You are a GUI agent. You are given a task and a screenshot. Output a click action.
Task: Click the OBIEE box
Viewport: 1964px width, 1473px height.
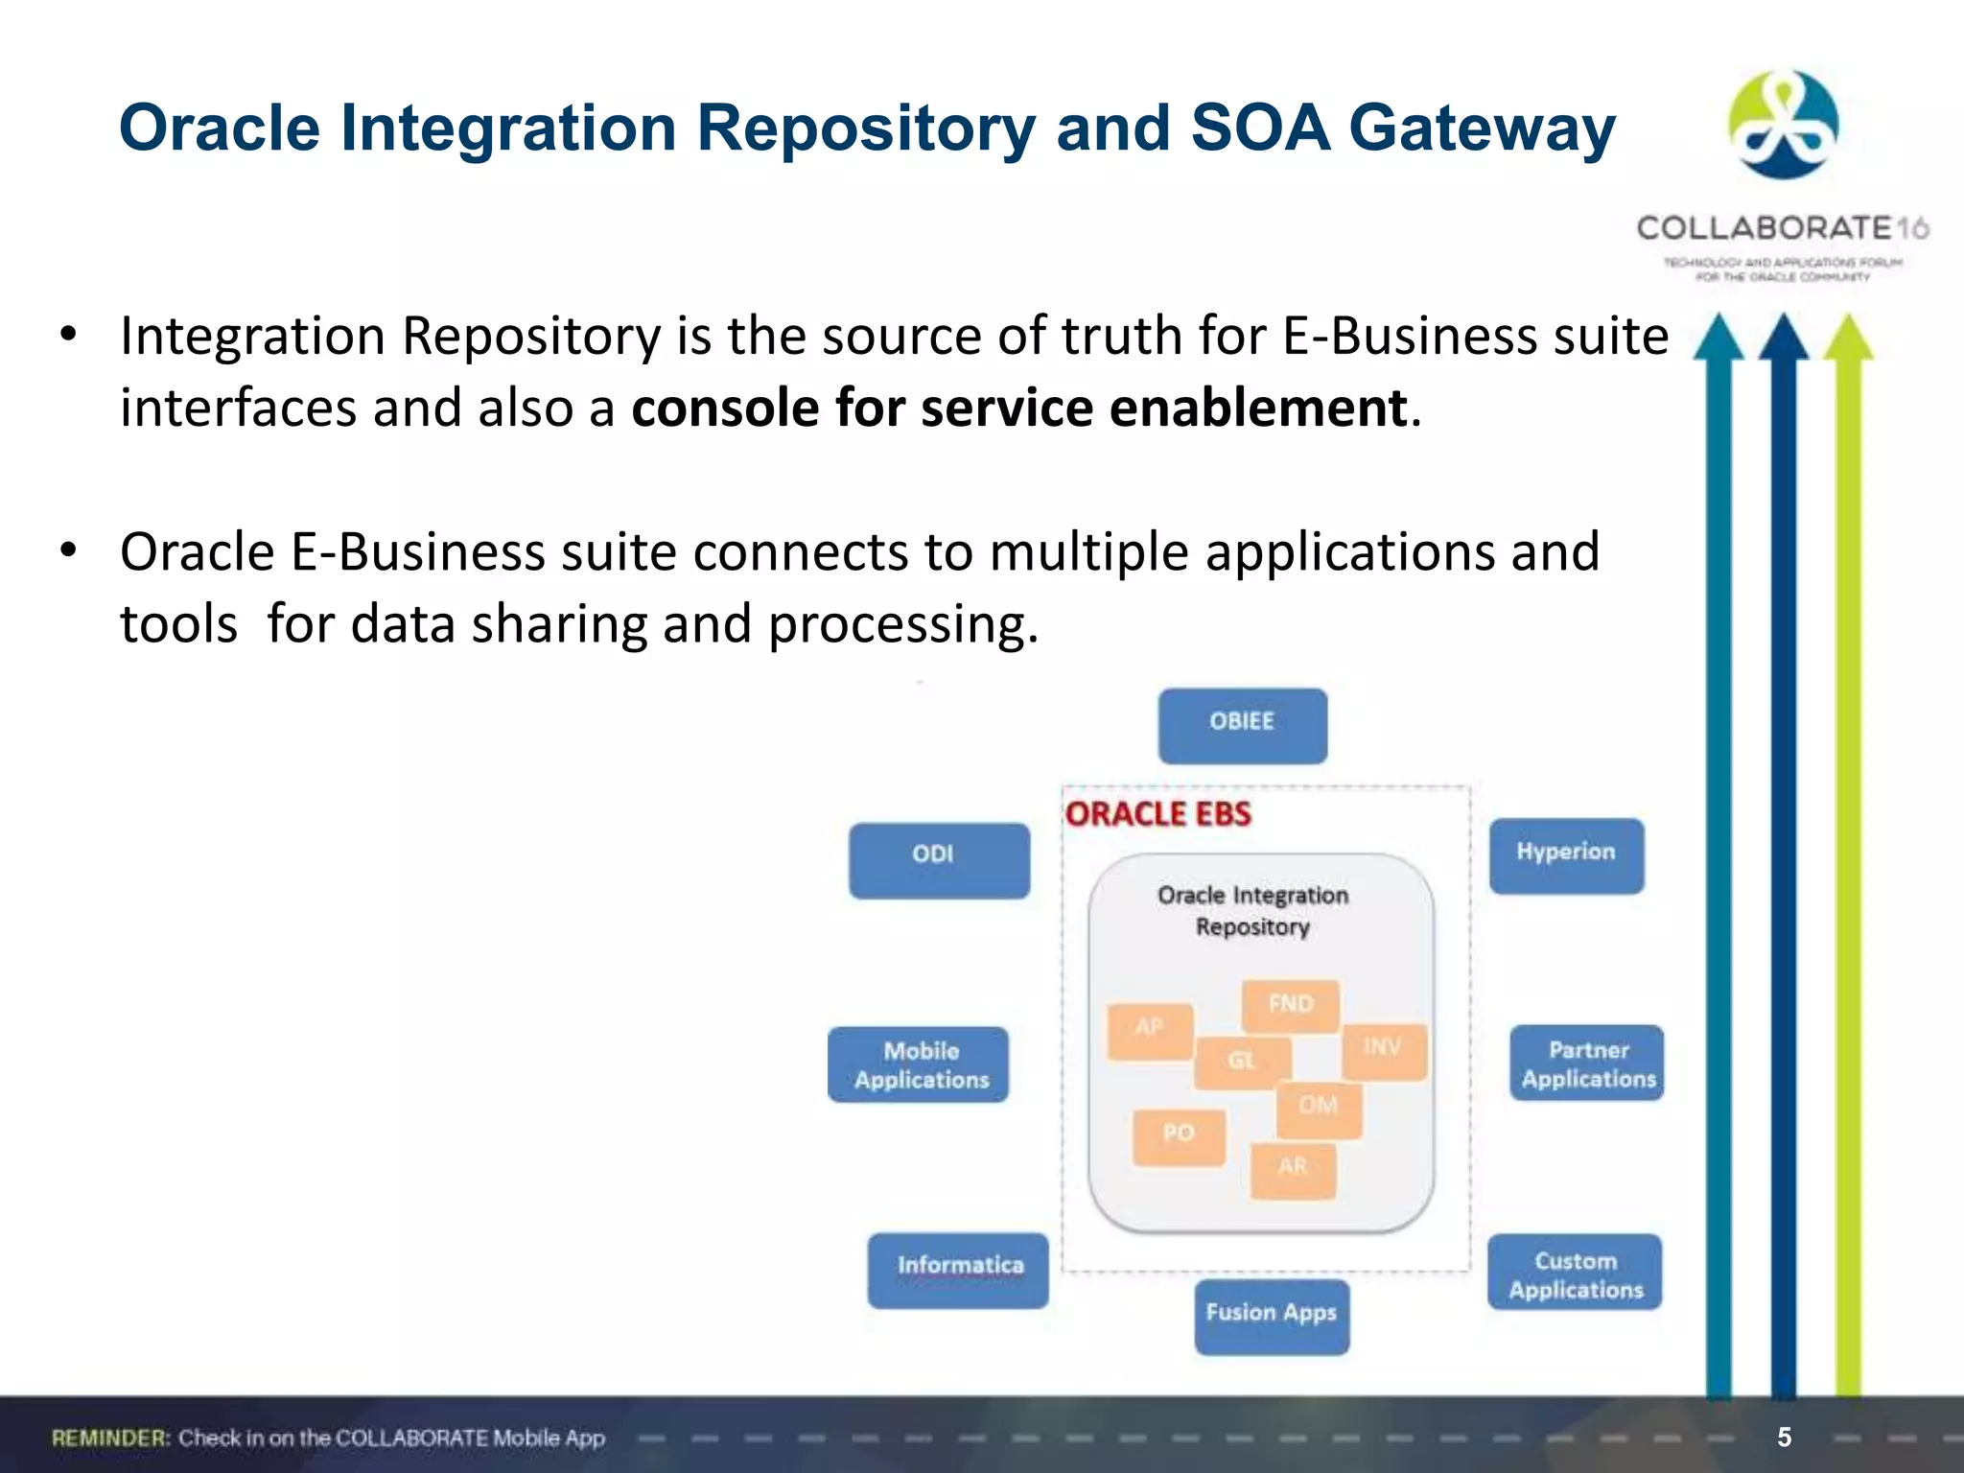click(x=1242, y=726)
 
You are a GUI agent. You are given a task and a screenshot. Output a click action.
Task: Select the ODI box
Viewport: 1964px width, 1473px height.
click(x=939, y=860)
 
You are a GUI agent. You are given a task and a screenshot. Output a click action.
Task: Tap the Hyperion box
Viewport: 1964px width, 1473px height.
click(x=1566, y=855)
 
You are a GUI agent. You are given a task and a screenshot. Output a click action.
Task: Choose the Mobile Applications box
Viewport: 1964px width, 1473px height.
click(x=919, y=1064)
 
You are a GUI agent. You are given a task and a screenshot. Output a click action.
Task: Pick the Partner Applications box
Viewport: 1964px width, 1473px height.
click(x=1587, y=1063)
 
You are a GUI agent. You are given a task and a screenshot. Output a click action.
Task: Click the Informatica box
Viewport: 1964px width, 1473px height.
click(x=958, y=1270)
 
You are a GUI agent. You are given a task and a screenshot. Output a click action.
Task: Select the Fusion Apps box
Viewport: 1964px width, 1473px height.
click(x=1272, y=1316)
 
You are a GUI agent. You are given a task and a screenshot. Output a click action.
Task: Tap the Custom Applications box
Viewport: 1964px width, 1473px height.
click(x=1575, y=1272)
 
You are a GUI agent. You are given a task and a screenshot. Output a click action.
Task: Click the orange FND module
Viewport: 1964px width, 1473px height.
click(x=1290, y=1005)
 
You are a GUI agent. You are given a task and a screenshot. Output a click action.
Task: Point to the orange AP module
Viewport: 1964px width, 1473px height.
click(x=1149, y=1030)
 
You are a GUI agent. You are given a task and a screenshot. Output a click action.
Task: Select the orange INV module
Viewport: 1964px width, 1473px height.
click(x=1383, y=1051)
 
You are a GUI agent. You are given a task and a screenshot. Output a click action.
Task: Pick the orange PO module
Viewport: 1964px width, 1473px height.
click(x=1179, y=1136)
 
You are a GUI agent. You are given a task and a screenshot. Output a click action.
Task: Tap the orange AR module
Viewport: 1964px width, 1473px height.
click(x=1293, y=1170)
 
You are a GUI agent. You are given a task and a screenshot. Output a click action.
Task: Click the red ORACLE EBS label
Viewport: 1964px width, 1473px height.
click(x=1158, y=814)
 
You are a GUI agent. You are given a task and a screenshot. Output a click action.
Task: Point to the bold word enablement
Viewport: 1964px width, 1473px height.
click(x=1258, y=409)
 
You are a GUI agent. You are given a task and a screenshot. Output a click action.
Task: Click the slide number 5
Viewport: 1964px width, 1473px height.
click(x=1784, y=1437)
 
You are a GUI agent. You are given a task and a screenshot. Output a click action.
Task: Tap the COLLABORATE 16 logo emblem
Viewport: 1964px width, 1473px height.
click(x=1783, y=125)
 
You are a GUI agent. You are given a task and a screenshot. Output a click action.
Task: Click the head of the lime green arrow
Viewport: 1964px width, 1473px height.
click(x=1848, y=338)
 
